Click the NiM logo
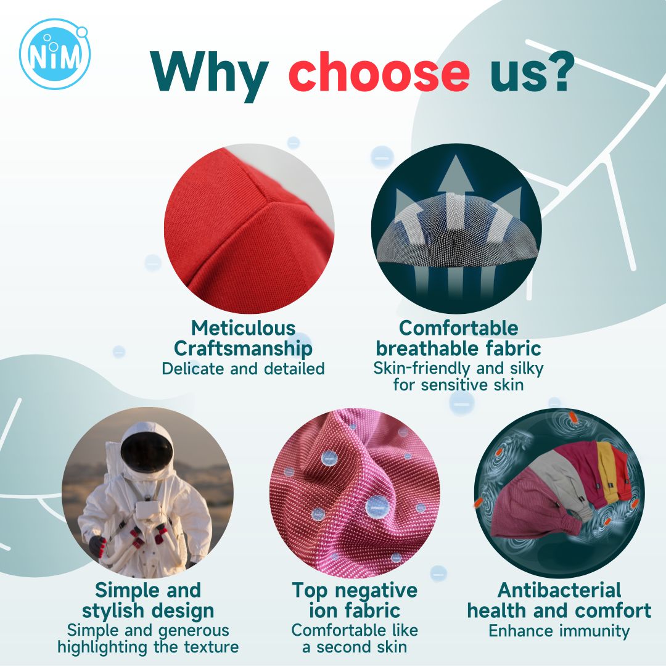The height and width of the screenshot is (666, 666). pyautogui.click(x=54, y=54)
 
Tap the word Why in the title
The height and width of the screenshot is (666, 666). pyautogui.click(x=210, y=76)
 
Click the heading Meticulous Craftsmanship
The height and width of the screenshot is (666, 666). pyautogui.click(x=244, y=338)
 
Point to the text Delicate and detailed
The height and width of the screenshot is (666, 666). pyautogui.click(x=244, y=368)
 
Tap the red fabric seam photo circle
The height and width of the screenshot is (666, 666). pyautogui.click(x=249, y=229)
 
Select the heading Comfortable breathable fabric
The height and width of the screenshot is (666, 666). pyautogui.click(x=458, y=338)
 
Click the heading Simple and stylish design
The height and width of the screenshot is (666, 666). pyautogui.click(x=148, y=600)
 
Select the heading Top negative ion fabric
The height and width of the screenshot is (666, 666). pyautogui.click(x=355, y=600)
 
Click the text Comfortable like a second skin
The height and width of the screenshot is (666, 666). pyautogui.click(x=355, y=638)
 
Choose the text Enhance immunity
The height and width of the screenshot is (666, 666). pyautogui.click(x=559, y=631)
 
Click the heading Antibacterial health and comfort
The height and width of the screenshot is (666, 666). pyautogui.click(x=559, y=600)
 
